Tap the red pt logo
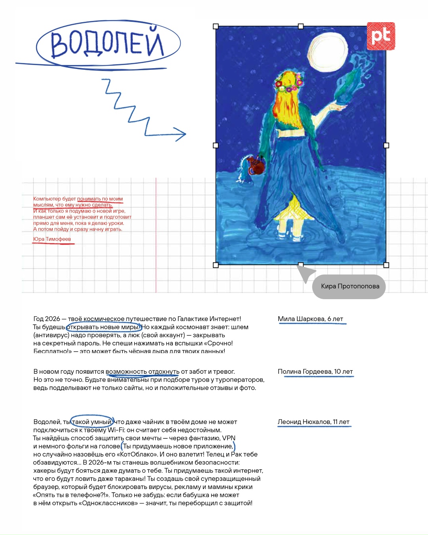click(381, 36)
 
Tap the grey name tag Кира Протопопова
click(350, 287)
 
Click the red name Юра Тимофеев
click(52, 239)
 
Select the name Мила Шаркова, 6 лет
click(310, 319)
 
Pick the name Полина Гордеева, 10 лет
click(315, 372)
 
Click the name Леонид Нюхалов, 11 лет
click(313, 422)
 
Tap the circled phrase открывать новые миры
click(103, 327)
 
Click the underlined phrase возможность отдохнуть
click(142, 372)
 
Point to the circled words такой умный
click(92, 422)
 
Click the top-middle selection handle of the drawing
click(301, 26)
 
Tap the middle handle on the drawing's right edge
click(386, 145)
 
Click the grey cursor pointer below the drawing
click(306, 273)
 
